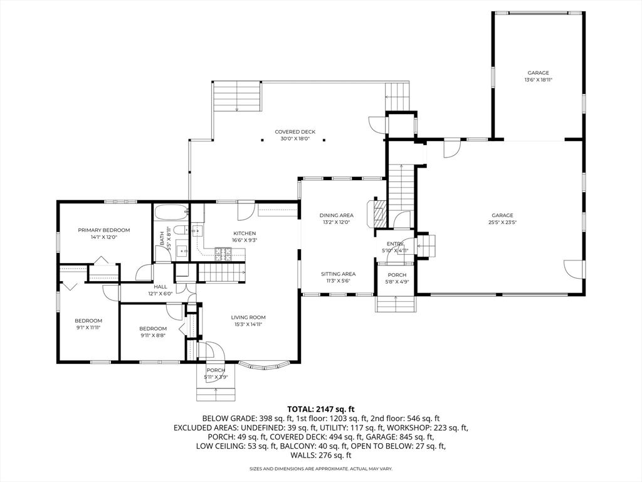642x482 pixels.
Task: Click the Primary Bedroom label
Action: (103, 233)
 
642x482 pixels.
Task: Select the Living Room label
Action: (248, 321)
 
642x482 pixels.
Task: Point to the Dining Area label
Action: (336, 218)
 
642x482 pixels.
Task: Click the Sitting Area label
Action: (339, 277)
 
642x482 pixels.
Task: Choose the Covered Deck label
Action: (295, 135)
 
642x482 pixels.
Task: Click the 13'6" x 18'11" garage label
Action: (538, 76)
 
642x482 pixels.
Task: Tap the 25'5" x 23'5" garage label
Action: (502, 218)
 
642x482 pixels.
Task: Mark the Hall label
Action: (160, 290)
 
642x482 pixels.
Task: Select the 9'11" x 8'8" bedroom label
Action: (153, 332)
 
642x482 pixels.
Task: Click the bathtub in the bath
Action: (171, 212)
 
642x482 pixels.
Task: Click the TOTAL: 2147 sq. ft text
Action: (320, 409)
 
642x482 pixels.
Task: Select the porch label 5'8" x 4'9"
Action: (397, 279)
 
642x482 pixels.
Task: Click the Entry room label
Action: (396, 247)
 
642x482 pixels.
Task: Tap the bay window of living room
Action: (264, 364)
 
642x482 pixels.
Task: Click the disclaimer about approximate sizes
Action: (320, 469)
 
